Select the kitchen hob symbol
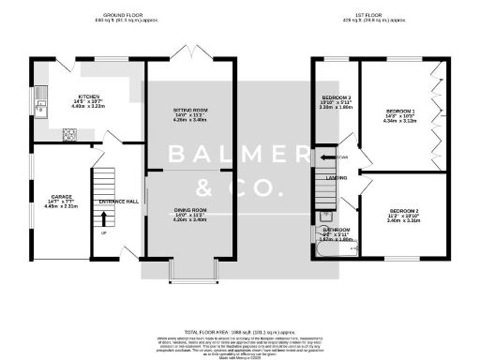click(68, 133)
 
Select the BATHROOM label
click(336, 229)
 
